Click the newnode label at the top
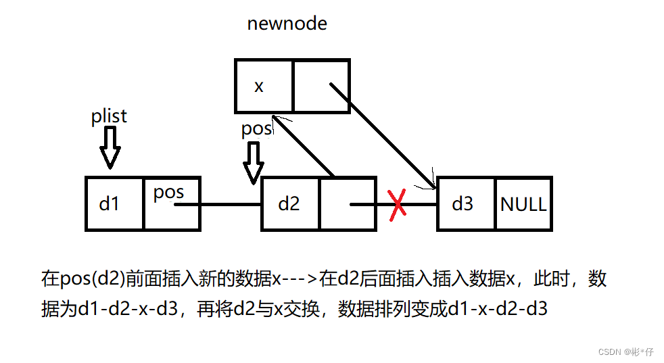[x=287, y=24]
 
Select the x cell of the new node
[x=263, y=86]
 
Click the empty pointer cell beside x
[x=321, y=86]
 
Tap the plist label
[x=109, y=116]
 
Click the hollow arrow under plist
[x=109, y=147]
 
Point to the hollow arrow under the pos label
[x=254, y=162]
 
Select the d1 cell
[x=114, y=203]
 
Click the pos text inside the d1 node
[x=168, y=193]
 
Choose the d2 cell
[x=289, y=203]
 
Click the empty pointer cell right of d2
[x=348, y=203]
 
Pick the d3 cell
[x=465, y=203]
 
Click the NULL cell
[x=523, y=203]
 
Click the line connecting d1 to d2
[x=230, y=204]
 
